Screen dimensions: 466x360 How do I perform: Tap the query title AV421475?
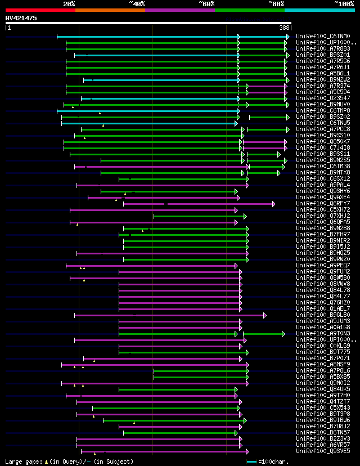click(x=21, y=18)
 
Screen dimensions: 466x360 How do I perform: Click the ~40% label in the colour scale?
click(x=137, y=3)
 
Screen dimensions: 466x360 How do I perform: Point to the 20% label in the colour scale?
click(x=69, y=3)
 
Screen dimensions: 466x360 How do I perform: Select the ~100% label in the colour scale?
click(x=344, y=3)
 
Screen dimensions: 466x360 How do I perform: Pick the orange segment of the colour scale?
click(x=110, y=10)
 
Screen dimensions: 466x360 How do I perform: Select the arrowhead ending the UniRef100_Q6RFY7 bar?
click(x=273, y=204)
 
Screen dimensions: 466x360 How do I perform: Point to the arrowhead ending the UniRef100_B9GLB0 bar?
click(x=264, y=315)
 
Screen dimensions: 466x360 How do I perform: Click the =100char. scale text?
click(x=276, y=461)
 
